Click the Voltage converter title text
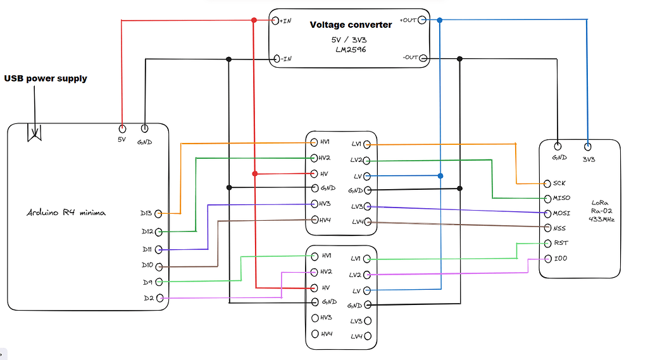tap(351, 25)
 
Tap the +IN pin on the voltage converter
tap(275, 20)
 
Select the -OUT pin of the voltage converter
tap(423, 58)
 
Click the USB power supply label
tap(46, 79)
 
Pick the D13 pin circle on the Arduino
tap(158, 213)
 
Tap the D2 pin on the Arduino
tap(159, 298)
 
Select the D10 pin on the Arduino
tap(159, 266)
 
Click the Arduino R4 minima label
tap(66, 213)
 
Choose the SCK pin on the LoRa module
tap(548, 183)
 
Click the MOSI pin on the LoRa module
tap(548, 213)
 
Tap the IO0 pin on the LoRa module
tap(548, 258)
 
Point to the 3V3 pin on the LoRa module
tap(588, 145)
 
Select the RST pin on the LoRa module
tap(548, 243)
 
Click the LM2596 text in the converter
tap(351, 49)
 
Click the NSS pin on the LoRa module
tap(548, 228)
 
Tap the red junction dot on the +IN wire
tap(254, 20)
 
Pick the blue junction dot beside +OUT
tap(440, 20)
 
